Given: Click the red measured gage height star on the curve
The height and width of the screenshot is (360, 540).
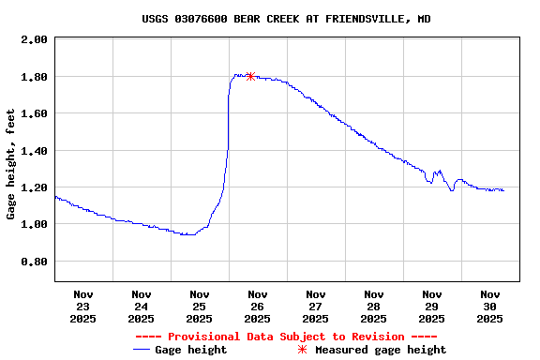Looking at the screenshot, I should coord(250,76).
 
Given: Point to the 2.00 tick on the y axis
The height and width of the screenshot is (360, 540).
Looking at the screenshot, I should coord(34,39).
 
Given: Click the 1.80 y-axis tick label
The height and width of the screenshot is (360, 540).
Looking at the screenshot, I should coord(34,77).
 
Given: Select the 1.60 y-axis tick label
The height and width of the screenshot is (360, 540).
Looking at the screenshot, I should coord(34,113).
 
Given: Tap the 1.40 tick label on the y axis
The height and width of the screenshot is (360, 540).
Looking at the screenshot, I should coord(34,151).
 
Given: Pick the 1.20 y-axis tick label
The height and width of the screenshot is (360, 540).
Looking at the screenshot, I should coord(34,187).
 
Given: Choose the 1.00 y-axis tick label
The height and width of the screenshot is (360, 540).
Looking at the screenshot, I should coord(34,225).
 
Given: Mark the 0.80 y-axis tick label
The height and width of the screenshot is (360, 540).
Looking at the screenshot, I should coord(34,262).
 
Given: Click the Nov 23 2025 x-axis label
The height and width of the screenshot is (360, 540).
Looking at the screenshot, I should coord(83,307).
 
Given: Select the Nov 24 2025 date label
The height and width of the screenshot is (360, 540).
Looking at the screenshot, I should coord(142,307).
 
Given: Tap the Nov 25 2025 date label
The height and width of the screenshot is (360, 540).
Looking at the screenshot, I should coord(200,307).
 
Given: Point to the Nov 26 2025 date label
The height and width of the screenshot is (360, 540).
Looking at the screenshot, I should coord(258,307).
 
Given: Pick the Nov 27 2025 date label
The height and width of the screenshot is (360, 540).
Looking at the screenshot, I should coord(316,307).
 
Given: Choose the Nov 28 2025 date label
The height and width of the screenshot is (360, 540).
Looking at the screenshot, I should coord(374,307).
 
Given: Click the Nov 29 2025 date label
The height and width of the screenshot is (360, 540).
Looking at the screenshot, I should coord(432,307).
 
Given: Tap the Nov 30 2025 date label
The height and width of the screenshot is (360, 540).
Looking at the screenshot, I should coord(490,307).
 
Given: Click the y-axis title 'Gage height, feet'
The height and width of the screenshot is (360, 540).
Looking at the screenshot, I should coord(11,164).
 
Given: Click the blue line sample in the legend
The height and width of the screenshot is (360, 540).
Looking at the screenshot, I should coord(142,350).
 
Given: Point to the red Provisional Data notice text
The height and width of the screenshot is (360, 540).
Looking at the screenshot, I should coord(286,337).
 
